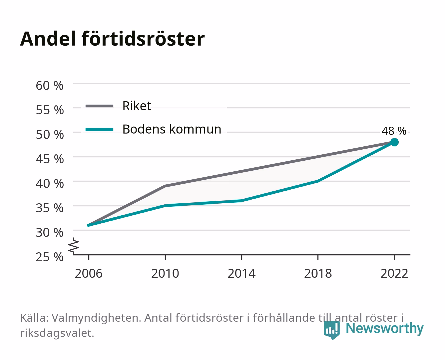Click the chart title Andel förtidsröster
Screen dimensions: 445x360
pos(112,39)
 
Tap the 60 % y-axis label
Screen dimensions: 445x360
pos(50,86)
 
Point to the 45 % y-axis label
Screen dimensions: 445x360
pos(50,159)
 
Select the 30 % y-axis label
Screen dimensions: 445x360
pos(50,232)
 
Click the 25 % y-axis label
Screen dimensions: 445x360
pos(50,257)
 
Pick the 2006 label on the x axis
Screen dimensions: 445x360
pos(89,273)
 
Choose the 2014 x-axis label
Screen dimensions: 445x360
pos(241,273)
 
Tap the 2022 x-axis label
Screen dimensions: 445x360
pos(394,273)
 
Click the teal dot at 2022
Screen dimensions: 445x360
pos(394,142)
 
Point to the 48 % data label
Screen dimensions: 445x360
pos(394,131)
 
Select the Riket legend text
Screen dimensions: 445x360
pos(137,106)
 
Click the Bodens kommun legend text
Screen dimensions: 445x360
pos(172,129)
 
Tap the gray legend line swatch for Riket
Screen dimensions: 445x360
pos(100,106)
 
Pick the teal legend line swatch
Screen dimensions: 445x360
pos(100,129)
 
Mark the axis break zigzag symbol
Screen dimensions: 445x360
pos(74,246)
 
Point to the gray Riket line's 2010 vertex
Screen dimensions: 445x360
pos(165,186)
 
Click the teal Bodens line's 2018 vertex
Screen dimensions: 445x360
pos(318,181)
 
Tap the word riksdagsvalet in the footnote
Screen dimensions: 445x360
pos(57,333)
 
